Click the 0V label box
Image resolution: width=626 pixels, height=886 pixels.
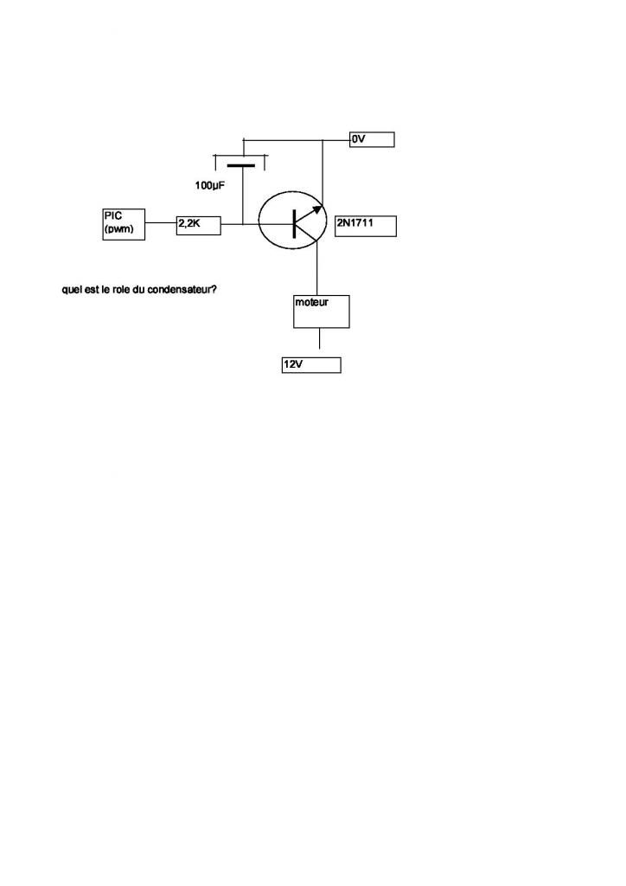[x=372, y=139]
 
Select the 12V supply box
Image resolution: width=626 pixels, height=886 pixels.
[x=310, y=365]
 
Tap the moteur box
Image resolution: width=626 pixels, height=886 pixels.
[x=321, y=311]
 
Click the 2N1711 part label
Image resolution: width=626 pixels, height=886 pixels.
[x=366, y=226]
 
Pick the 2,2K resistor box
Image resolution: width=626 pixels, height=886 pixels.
[x=199, y=225]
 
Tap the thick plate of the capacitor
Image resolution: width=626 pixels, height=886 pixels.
[x=241, y=165]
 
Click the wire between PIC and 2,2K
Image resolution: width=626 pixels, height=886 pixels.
[x=161, y=225]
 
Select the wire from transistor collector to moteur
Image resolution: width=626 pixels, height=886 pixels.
[x=317, y=273]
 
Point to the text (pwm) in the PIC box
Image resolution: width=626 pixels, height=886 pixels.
[x=118, y=228]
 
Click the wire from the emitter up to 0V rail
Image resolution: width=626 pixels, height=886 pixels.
[x=323, y=173]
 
